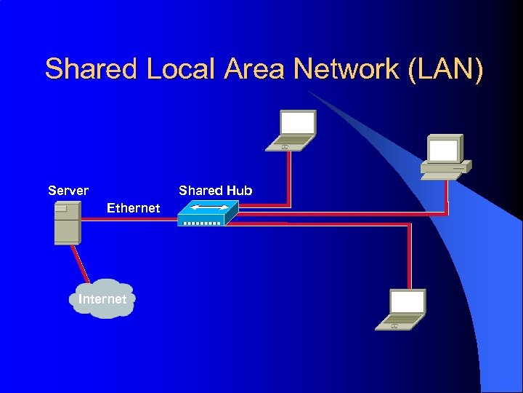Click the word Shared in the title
(92, 69)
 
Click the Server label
(68, 191)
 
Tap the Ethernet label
(133, 208)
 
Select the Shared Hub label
(215, 191)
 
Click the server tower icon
(67, 222)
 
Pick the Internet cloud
(102, 298)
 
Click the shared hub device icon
(208, 213)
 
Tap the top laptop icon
(293, 131)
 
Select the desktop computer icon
(445, 156)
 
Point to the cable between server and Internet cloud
(81, 263)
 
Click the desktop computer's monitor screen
(443, 150)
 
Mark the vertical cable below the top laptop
(288, 178)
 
